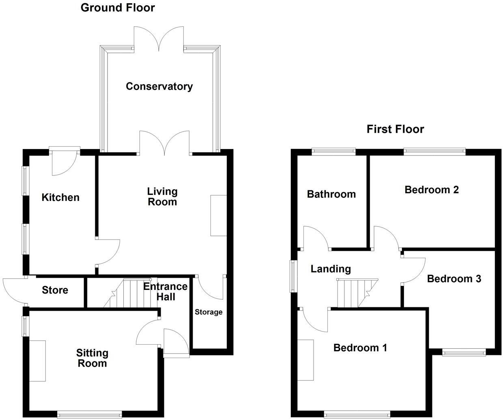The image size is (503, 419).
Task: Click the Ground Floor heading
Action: coord(118,8)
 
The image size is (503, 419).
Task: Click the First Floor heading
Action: coord(395,129)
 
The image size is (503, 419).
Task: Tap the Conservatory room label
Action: coord(159,86)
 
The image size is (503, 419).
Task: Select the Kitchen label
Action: coord(60,197)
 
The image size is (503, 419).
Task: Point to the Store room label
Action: coord(55,290)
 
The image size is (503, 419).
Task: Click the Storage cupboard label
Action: coord(209,312)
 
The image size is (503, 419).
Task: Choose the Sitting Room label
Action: coord(92,358)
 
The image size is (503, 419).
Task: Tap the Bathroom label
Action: coord(331,194)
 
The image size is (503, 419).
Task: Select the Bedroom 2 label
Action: coord(432,190)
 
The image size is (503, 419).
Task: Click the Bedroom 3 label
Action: coord(454,279)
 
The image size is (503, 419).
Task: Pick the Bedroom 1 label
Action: coord(360,348)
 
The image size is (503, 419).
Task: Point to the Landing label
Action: coord(331,269)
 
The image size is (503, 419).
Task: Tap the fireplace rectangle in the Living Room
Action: coord(218,215)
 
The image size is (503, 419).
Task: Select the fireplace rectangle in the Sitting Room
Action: coord(37,361)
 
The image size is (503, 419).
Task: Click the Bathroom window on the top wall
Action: coord(333,152)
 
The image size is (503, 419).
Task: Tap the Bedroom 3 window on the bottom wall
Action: coord(464,353)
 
